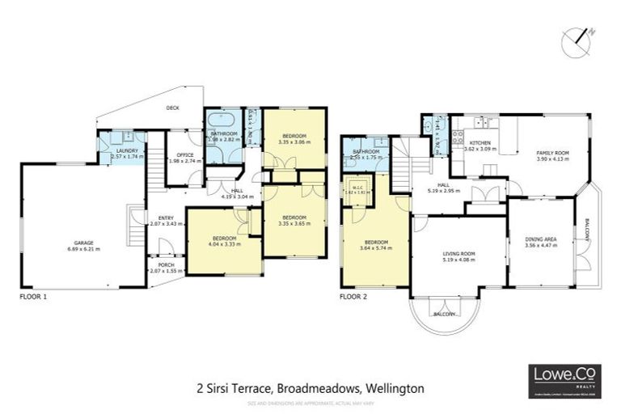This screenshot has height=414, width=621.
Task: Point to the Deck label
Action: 172,108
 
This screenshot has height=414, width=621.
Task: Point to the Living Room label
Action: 459,254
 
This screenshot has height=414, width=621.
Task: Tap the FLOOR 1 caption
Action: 33,297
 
